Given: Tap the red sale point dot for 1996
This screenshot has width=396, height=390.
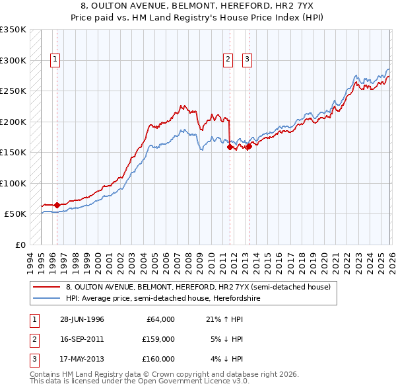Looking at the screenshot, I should (x=57, y=206).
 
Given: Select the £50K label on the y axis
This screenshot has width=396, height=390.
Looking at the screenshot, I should (x=15, y=214).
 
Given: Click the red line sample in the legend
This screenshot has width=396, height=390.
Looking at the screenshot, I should (x=47, y=287).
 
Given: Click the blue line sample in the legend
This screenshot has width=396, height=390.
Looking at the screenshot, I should (x=47, y=298).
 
